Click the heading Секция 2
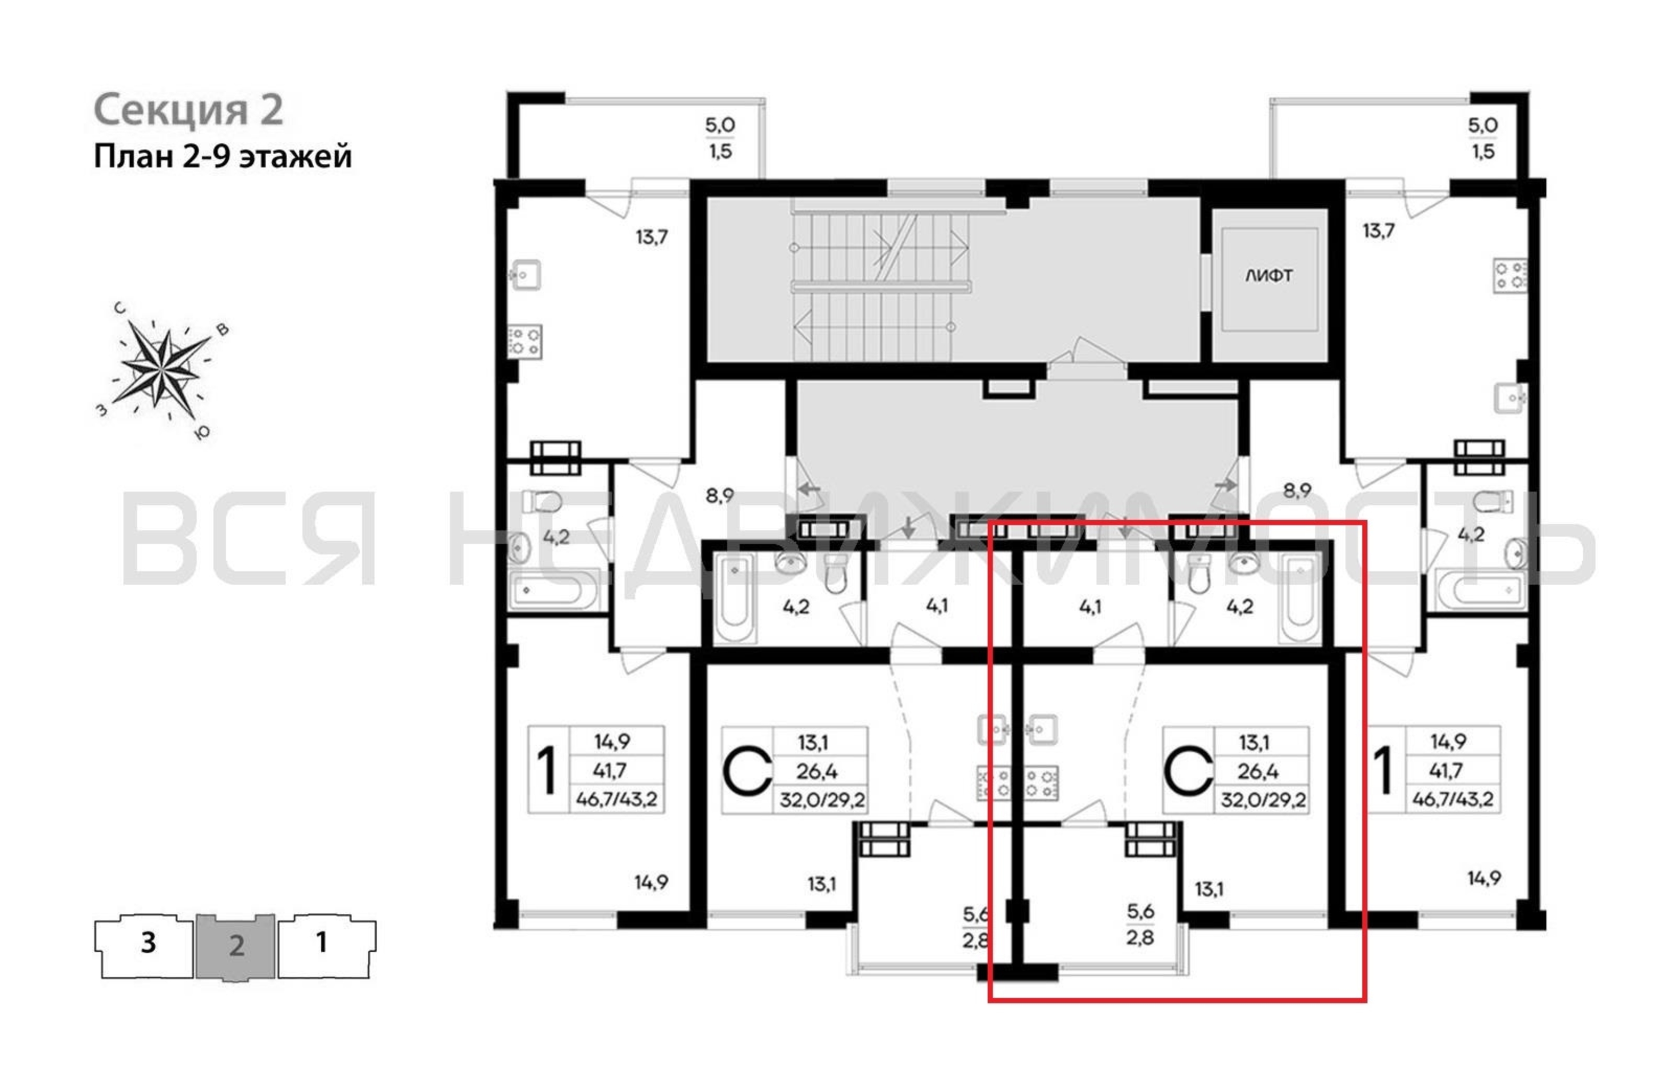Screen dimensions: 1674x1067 188,110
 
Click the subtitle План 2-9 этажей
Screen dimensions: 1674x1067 223,156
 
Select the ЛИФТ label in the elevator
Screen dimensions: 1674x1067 1269,276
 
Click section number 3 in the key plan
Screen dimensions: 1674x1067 148,943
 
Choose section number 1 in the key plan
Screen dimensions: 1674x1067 321,943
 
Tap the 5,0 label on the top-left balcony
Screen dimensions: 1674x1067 720,125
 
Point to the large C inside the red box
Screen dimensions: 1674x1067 1188,770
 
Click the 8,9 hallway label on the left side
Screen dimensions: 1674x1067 719,496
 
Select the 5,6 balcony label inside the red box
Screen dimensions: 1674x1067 1140,911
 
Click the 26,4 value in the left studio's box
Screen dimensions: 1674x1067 818,771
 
